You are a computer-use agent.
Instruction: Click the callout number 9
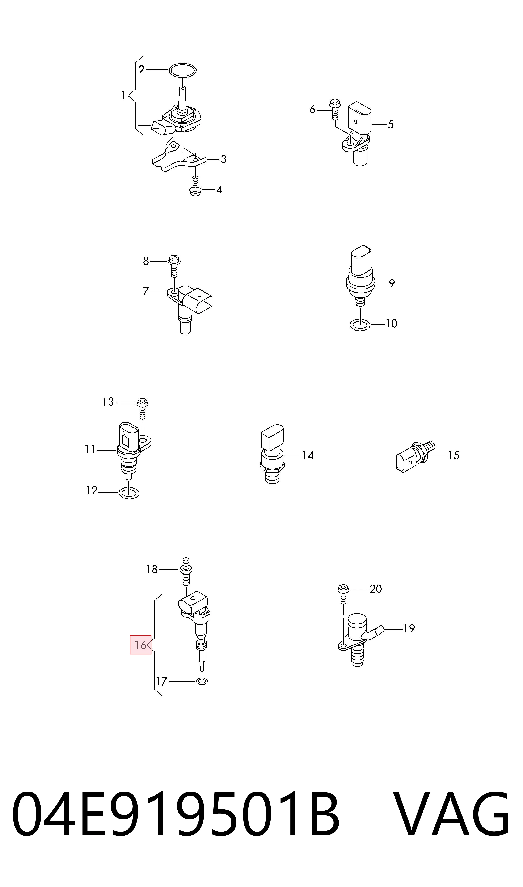[x=392, y=283]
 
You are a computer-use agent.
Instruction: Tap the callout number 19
[x=409, y=628]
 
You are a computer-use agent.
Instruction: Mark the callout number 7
[x=145, y=291]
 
